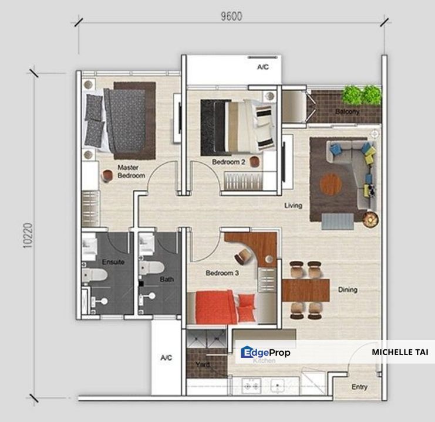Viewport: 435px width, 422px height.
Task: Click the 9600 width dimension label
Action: [x=231, y=16]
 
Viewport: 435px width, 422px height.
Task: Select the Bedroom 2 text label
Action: [x=228, y=162]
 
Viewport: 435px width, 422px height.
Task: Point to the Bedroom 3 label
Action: [x=222, y=273]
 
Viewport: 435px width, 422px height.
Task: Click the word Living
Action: [x=293, y=206]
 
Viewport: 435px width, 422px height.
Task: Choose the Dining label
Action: [x=348, y=290]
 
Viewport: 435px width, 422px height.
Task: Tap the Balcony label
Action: [x=347, y=112]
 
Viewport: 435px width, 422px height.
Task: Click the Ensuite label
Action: [x=113, y=262]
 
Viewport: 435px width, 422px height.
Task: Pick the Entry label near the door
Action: [x=360, y=387]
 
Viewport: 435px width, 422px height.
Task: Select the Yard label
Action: [x=203, y=365]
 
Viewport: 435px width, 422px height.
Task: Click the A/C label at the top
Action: [x=262, y=67]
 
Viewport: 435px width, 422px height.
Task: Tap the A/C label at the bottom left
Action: [x=166, y=359]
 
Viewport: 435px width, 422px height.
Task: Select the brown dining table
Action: [x=306, y=290]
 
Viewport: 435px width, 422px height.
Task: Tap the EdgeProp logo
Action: [x=265, y=352]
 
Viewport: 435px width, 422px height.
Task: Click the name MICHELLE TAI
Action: [x=400, y=352]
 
